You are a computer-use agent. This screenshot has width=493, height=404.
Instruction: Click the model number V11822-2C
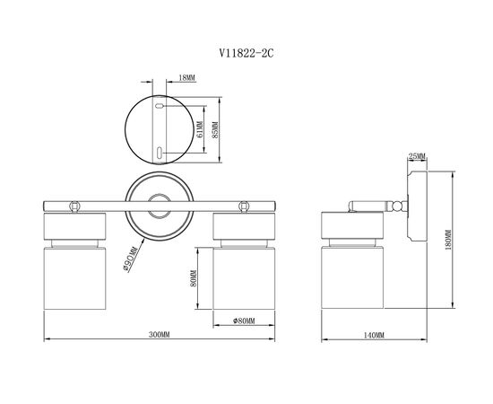[x=246, y=53]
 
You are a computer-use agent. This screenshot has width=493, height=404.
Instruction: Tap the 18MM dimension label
[x=186, y=77]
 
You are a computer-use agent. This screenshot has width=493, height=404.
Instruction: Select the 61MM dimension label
[x=199, y=129]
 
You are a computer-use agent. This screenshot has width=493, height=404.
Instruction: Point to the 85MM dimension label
[x=215, y=129]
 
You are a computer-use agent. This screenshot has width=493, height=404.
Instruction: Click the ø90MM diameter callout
[x=130, y=259]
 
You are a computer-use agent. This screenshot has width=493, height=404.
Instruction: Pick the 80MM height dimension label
[x=193, y=278]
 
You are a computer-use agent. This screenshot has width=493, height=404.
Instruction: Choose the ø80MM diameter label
[x=244, y=321]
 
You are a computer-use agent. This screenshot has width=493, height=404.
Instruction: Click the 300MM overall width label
[x=159, y=334]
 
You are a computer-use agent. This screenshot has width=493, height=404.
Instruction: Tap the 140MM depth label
[x=374, y=336]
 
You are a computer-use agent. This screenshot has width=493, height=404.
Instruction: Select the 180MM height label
[x=448, y=240]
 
